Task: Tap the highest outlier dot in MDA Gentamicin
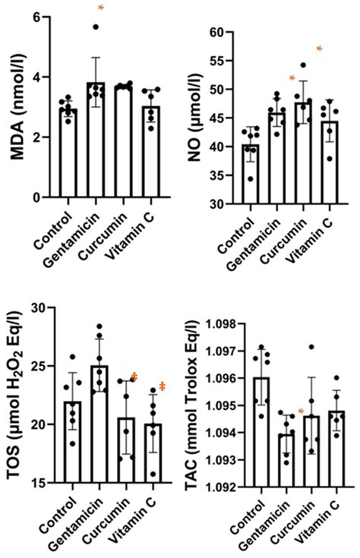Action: [96, 27]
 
